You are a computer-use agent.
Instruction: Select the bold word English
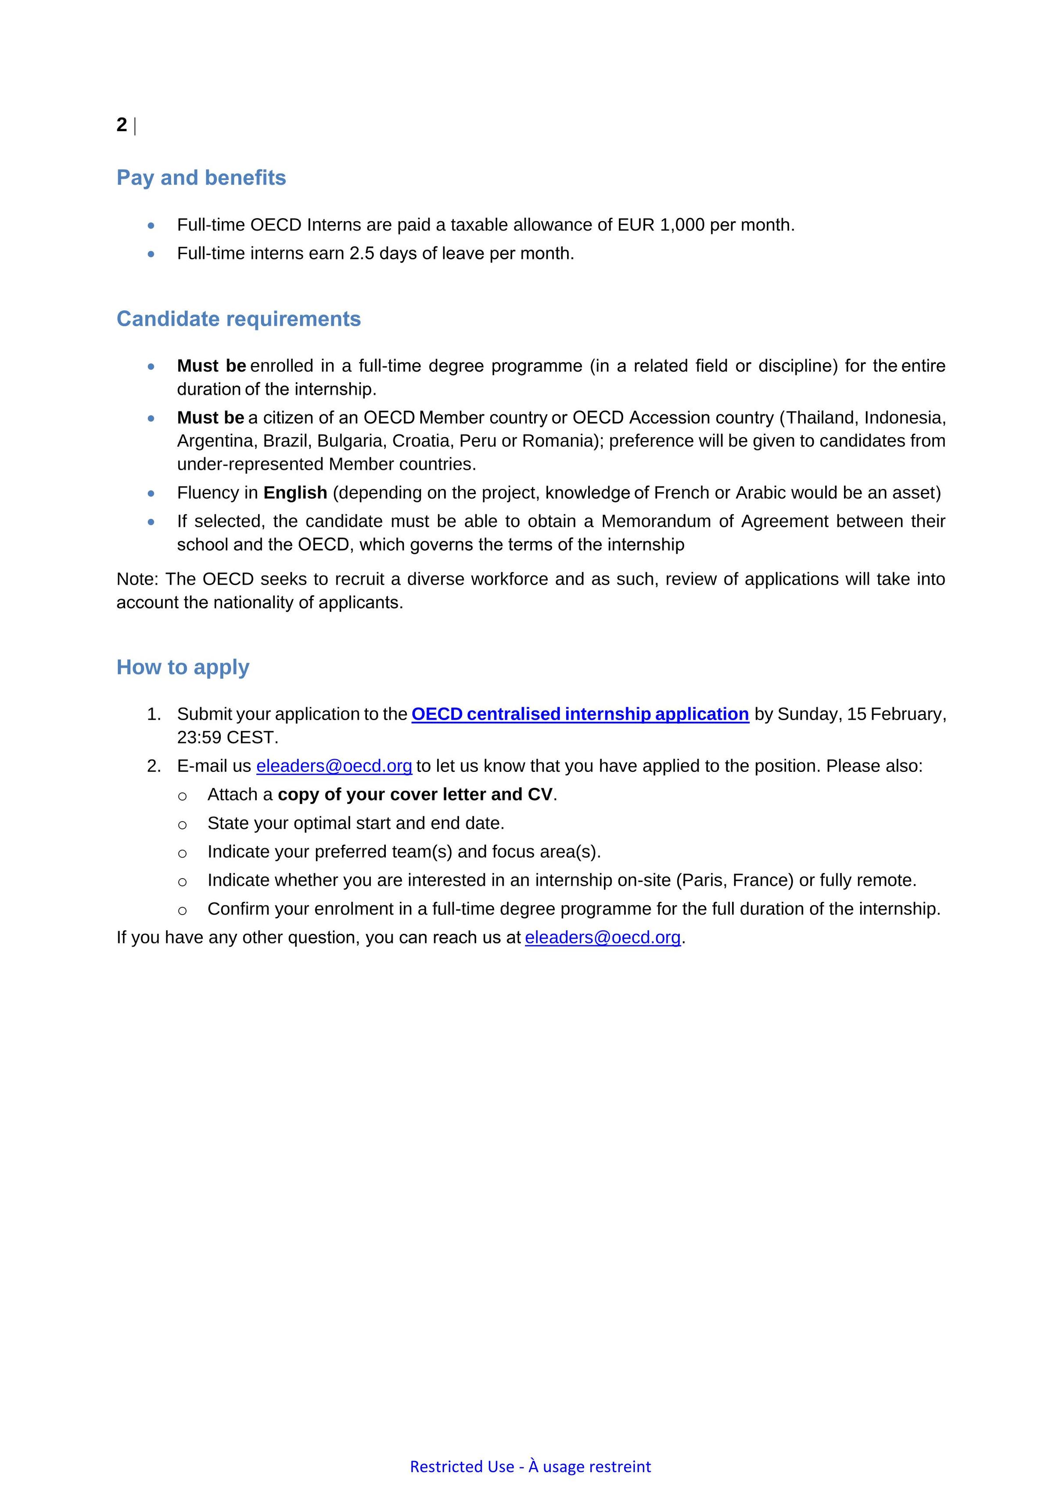295,492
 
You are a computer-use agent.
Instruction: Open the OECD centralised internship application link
580,714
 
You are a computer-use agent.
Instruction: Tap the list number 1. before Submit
154,714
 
